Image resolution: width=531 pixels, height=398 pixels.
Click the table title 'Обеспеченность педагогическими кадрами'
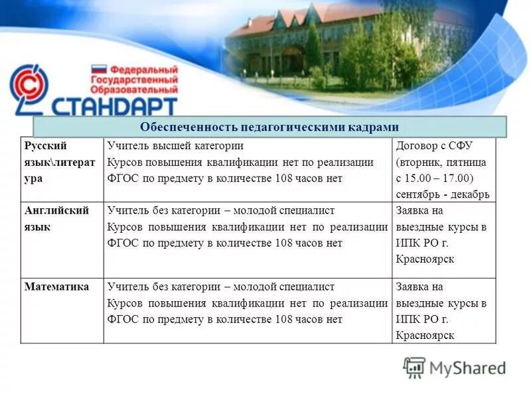coord(269,127)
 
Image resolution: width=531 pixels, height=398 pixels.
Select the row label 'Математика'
coord(56,287)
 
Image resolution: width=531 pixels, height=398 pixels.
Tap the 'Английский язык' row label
coord(56,219)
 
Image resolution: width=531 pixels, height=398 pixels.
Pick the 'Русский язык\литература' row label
coord(58,163)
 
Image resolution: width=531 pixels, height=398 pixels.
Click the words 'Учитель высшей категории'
coord(175,146)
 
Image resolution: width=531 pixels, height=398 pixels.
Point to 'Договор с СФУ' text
coord(435,146)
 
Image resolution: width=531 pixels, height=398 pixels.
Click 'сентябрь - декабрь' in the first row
coord(442,194)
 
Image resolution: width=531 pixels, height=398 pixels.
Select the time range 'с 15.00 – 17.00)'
coord(434,178)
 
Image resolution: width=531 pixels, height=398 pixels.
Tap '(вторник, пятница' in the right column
coord(441,162)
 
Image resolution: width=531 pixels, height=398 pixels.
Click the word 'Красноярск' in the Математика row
coord(425,336)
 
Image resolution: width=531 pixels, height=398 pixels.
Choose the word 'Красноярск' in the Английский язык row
coord(425,259)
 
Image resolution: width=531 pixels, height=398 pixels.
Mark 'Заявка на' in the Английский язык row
coord(419,211)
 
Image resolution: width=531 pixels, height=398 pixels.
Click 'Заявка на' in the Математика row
coord(419,287)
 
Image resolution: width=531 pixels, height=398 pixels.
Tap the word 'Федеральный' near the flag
coord(144,69)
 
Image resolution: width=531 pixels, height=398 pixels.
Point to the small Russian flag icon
coord(99,69)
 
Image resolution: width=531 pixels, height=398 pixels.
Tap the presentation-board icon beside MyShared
coord(415,367)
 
